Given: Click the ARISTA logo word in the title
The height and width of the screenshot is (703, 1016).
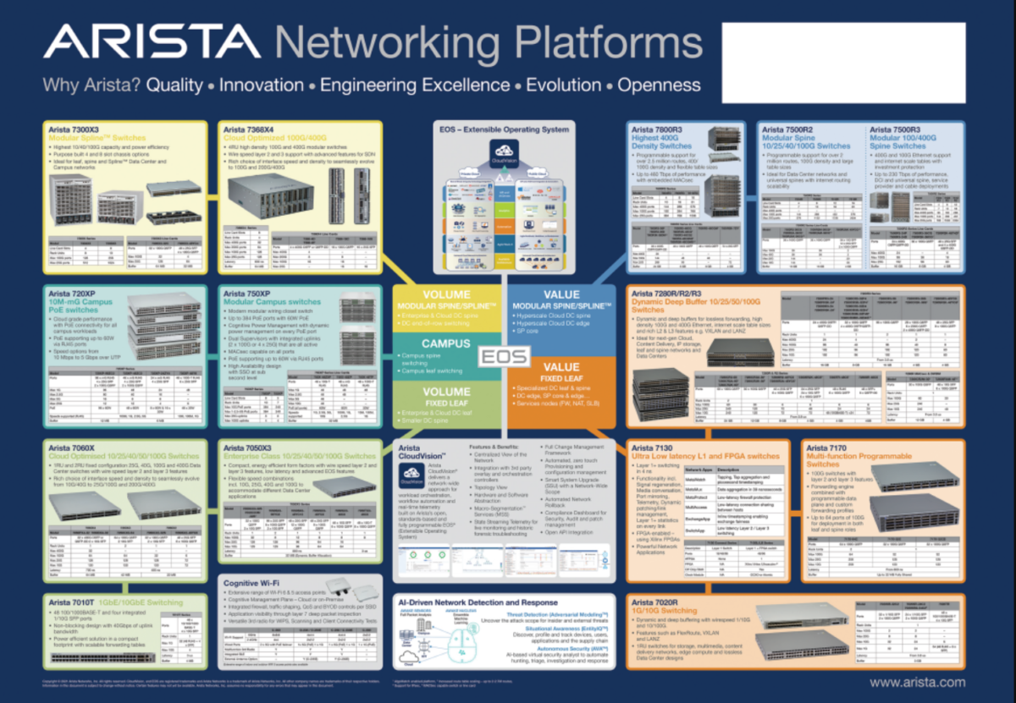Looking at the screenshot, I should (152, 43).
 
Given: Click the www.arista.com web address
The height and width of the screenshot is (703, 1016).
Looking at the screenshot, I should (917, 682).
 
